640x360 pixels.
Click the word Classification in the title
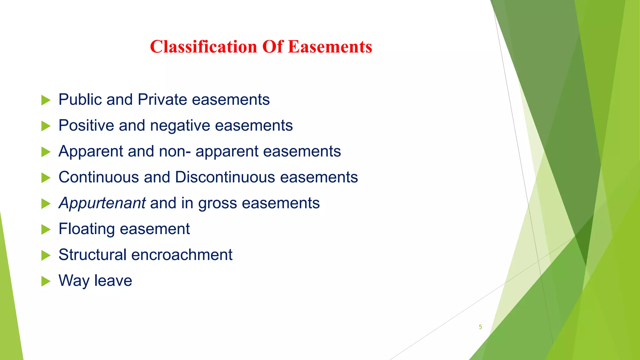pos(203,47)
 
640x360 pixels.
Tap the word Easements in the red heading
pos(330,47)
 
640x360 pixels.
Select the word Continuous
pos(99,177)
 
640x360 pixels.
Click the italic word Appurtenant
pos(102,203)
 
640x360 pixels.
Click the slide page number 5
pos(480,327)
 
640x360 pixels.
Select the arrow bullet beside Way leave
pos(46,281)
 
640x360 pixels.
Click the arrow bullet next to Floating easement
pos(46,230)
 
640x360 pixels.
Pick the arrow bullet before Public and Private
pos(46,100)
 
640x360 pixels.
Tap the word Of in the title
pos(272,47)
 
